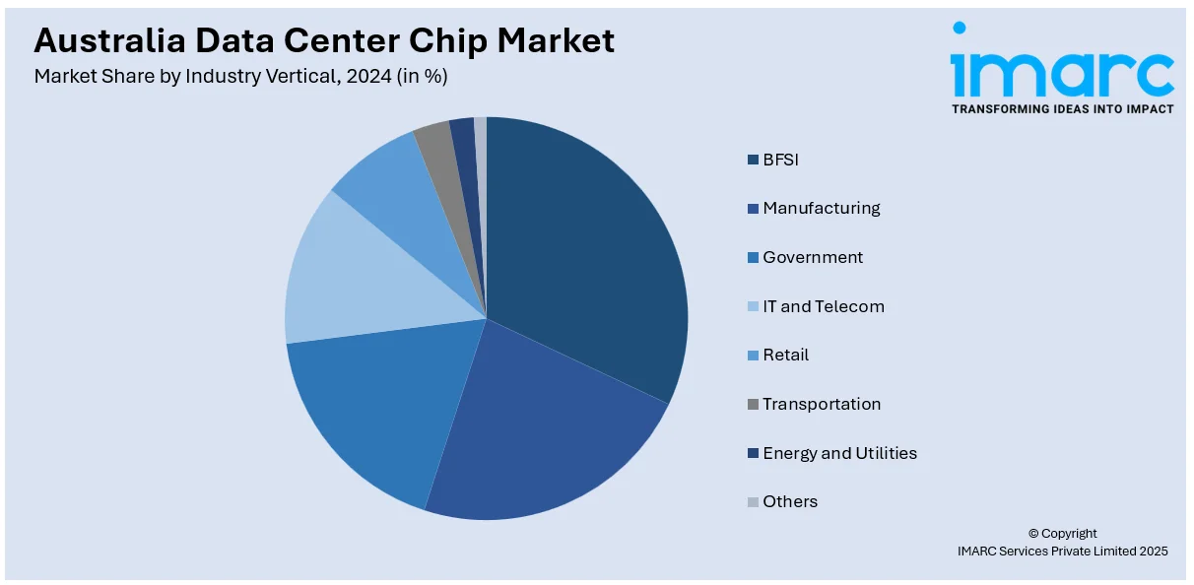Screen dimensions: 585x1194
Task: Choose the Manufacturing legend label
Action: [x=821, y=208]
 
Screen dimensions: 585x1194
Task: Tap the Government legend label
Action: [x=812, y=257]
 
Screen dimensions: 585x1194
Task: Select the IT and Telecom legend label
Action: [x=823, y=306]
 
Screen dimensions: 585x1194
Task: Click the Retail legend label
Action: [x=785, y=355]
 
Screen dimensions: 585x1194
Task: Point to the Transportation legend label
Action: [x=822, y=404]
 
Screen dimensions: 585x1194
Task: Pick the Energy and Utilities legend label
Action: [x=839, y=453]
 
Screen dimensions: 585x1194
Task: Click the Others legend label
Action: [x=790, y=501]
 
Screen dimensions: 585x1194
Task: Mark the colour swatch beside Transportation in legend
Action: [x=754, y=405]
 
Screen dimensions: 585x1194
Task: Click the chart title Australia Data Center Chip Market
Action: [x=324, y=40]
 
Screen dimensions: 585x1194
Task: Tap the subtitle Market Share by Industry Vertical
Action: [x=240, y=76]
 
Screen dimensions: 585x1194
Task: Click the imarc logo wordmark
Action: [x=1061, y=69]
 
